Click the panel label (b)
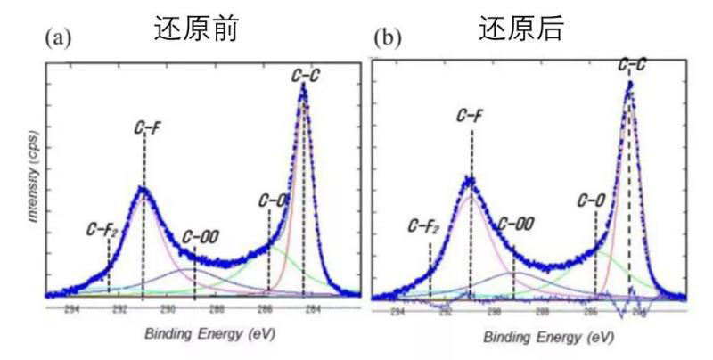click(x=388, y=39)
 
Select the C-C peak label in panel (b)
click(x=632, y=65)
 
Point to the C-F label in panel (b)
click(x=470, y=116)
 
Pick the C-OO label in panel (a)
click(x=200, y=237)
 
